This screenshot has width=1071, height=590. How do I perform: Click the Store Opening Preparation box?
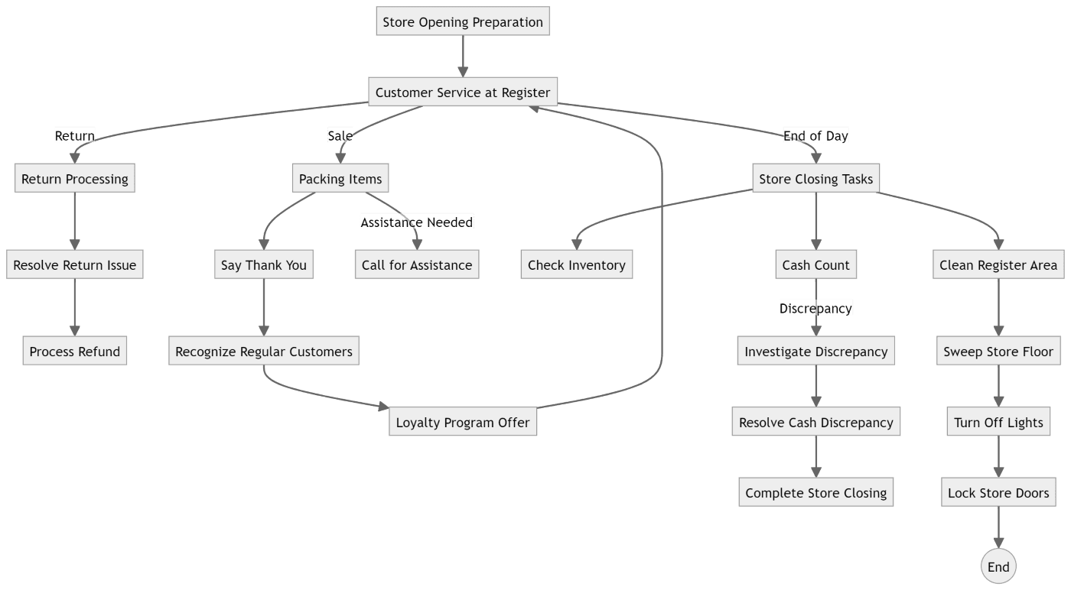[463, 21]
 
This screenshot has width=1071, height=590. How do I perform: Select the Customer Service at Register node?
[463, 92]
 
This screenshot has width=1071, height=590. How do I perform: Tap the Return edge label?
[74, 136]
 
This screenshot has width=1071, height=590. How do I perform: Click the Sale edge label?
[340, 136]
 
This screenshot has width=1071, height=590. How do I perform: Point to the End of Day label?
[815, 136]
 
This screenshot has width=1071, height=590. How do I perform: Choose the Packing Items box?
[340, 179]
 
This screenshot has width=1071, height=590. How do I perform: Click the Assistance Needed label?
[417, 222]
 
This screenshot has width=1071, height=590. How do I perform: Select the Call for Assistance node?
[417, 265]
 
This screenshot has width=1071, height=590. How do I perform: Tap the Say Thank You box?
[264, 265]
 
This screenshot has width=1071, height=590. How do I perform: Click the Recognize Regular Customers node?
[264, 352]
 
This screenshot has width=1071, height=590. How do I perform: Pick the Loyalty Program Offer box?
[463, 423]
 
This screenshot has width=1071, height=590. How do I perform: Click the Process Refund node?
[75, 352]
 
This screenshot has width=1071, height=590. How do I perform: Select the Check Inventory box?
[577, 265]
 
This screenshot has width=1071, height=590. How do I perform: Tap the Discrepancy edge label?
[815, 308]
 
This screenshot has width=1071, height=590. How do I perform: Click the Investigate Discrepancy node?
[816, 352]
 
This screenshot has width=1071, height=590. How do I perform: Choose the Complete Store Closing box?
[816, 493]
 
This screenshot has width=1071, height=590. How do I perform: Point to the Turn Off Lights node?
[998, 423]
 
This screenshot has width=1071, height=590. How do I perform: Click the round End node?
[998, 566]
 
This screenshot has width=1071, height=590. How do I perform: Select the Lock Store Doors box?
[998, 493]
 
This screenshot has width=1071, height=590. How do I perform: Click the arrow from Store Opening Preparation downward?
[463, 57]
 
